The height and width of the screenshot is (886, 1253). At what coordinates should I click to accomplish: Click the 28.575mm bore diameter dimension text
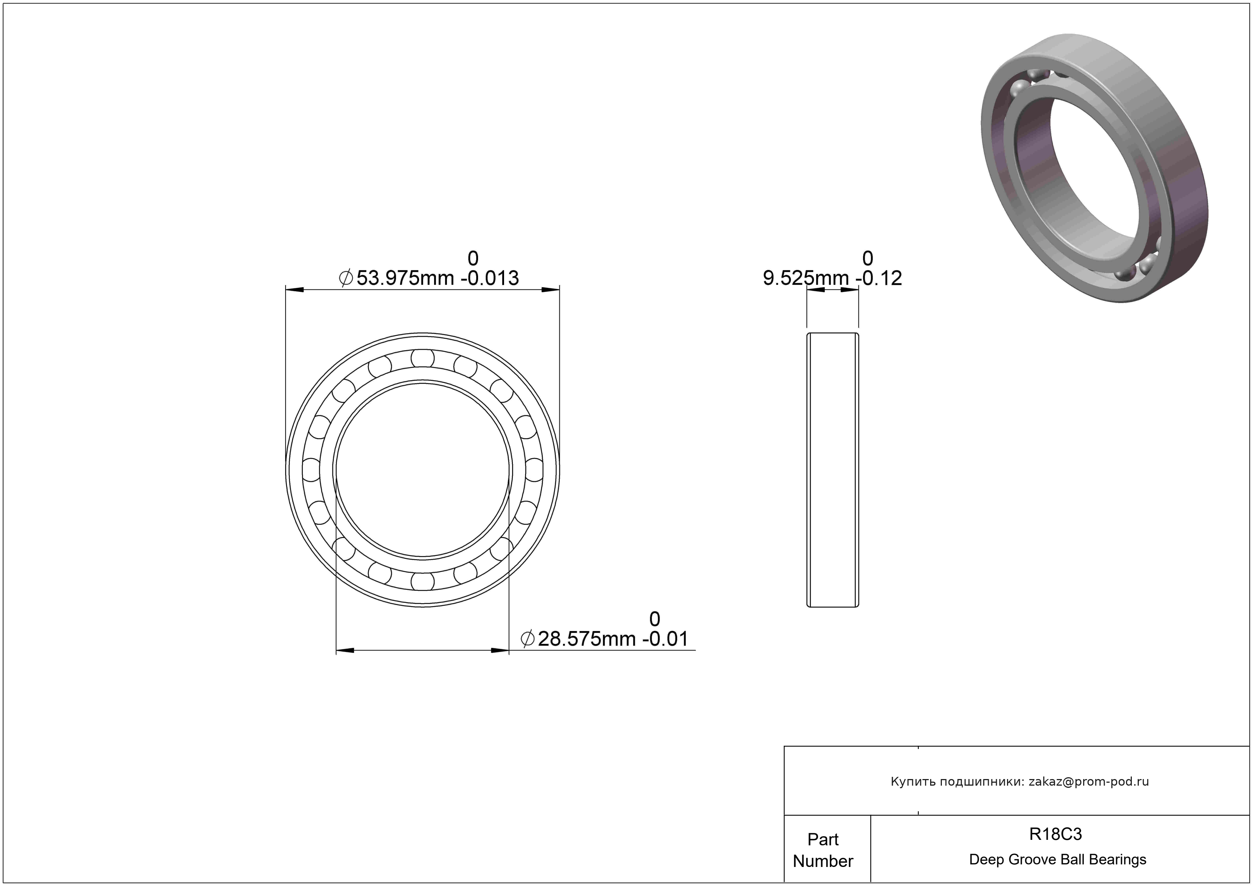pos(587,639)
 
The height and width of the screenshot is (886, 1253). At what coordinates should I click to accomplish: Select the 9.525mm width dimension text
pos(805,278)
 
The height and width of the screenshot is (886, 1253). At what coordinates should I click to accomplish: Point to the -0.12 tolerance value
pos(879,278)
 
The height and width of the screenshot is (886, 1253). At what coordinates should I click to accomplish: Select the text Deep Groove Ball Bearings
pos(1058,860)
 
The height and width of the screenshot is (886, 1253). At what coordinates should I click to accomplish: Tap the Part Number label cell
pos(823,850)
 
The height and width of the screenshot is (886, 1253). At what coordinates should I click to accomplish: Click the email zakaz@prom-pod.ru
pos(1089,782)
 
